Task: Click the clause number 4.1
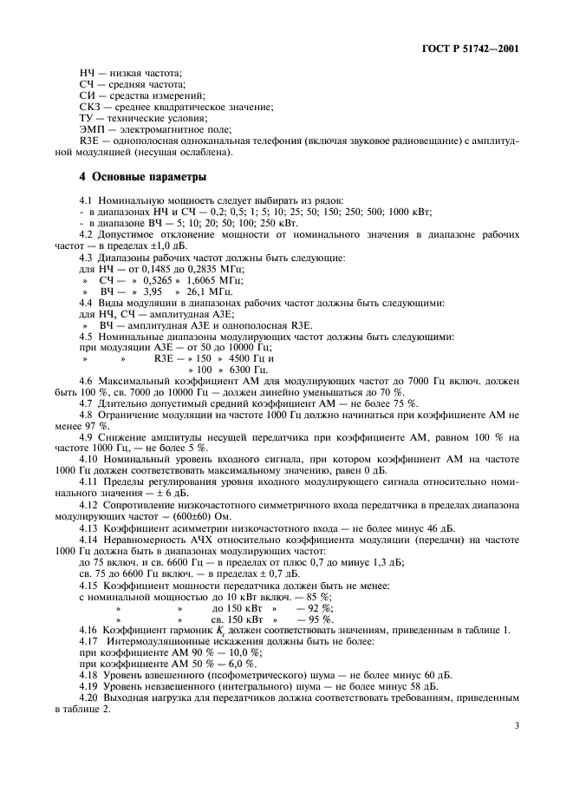click(x=88, y=200)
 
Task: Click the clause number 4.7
click(x=88, y=404)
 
